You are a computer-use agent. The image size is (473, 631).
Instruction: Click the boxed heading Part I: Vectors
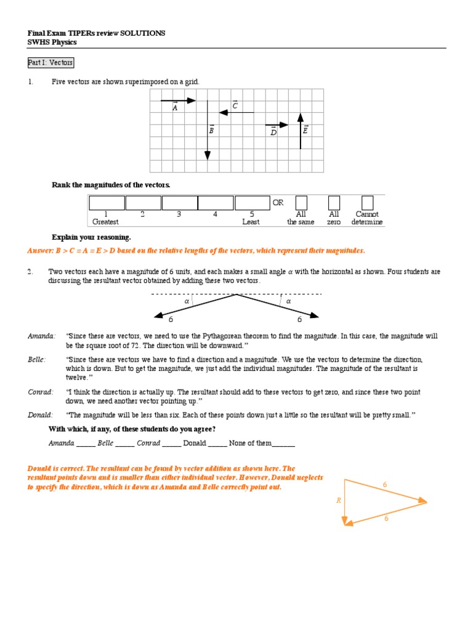pos(51,63)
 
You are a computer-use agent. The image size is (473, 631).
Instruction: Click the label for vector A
pos(175,107)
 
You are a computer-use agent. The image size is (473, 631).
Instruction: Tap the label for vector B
pos(211,130)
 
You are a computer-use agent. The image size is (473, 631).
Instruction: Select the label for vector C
pos(235,106)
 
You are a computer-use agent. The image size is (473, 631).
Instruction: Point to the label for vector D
pos(273,131)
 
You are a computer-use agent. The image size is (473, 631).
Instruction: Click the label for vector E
pos(305,130)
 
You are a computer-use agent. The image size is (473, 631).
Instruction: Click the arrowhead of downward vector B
pos(208,155)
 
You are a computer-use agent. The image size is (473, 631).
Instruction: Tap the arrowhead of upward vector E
pos(300,117)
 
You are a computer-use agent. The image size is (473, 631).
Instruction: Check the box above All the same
pos(301,203)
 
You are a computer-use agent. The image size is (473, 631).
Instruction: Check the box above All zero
pos(334,203)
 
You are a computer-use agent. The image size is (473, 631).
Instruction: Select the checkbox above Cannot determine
pos(367,203)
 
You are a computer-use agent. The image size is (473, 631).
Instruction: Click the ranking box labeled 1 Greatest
pos(107,203)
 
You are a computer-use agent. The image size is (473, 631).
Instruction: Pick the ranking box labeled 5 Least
pos(252,203)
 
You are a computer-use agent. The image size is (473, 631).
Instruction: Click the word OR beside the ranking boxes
pos(278,203)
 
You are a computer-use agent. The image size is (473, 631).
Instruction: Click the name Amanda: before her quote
pos(41,336)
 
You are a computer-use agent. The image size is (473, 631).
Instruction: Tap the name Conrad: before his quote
pos(41,392)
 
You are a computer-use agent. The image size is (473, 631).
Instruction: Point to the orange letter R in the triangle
pos(338,500)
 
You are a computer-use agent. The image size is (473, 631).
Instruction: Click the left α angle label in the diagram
pos(187,301)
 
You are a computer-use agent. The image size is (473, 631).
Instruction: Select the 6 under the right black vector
pos(300,319)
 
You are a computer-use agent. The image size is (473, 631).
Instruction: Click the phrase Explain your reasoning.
pos(91,237)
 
